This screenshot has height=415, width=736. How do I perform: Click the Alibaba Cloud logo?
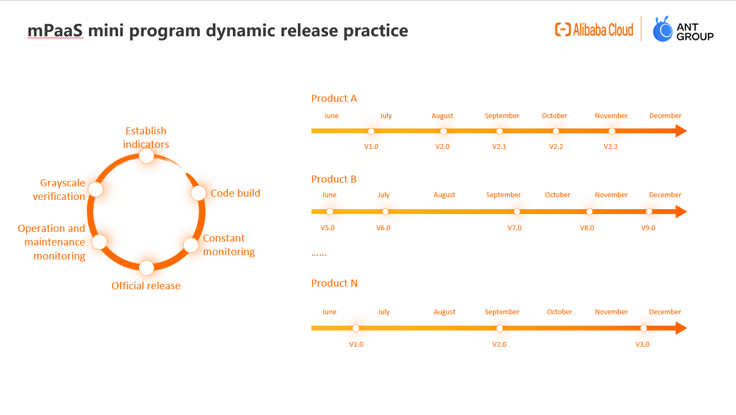(x=594, y=30)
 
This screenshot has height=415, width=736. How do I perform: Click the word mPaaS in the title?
(x=55, y=30)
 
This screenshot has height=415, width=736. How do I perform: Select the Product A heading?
(x=334, y=98)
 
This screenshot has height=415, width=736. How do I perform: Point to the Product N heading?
(x=334, y=283)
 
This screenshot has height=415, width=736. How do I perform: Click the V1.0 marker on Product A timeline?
(x=372, y=132)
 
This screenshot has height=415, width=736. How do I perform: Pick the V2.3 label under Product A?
(x=610, y=146)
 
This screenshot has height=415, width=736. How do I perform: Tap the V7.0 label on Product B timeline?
(x=514, y=228)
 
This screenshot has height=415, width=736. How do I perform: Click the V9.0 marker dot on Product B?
(x=649, y=212)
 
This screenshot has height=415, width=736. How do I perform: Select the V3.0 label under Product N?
(x=642, y=345)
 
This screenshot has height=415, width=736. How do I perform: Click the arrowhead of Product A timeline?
(x=681, y=131)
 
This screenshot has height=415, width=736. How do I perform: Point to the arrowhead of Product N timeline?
(x=681, y=328)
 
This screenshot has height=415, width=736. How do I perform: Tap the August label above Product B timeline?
(x=444, y=195)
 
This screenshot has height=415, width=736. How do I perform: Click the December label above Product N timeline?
(x=665, y=312)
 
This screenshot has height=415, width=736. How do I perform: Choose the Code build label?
(x=235, y=193)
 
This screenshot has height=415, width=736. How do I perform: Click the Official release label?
(x=146, y=286)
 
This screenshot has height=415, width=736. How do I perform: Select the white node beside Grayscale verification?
(x=96, y=189)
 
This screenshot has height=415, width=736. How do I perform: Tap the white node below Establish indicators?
(x=147, y=155)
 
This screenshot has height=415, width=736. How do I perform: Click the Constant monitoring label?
(x=229, y=245)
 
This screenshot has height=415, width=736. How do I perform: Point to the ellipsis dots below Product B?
(x=318, y=255)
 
